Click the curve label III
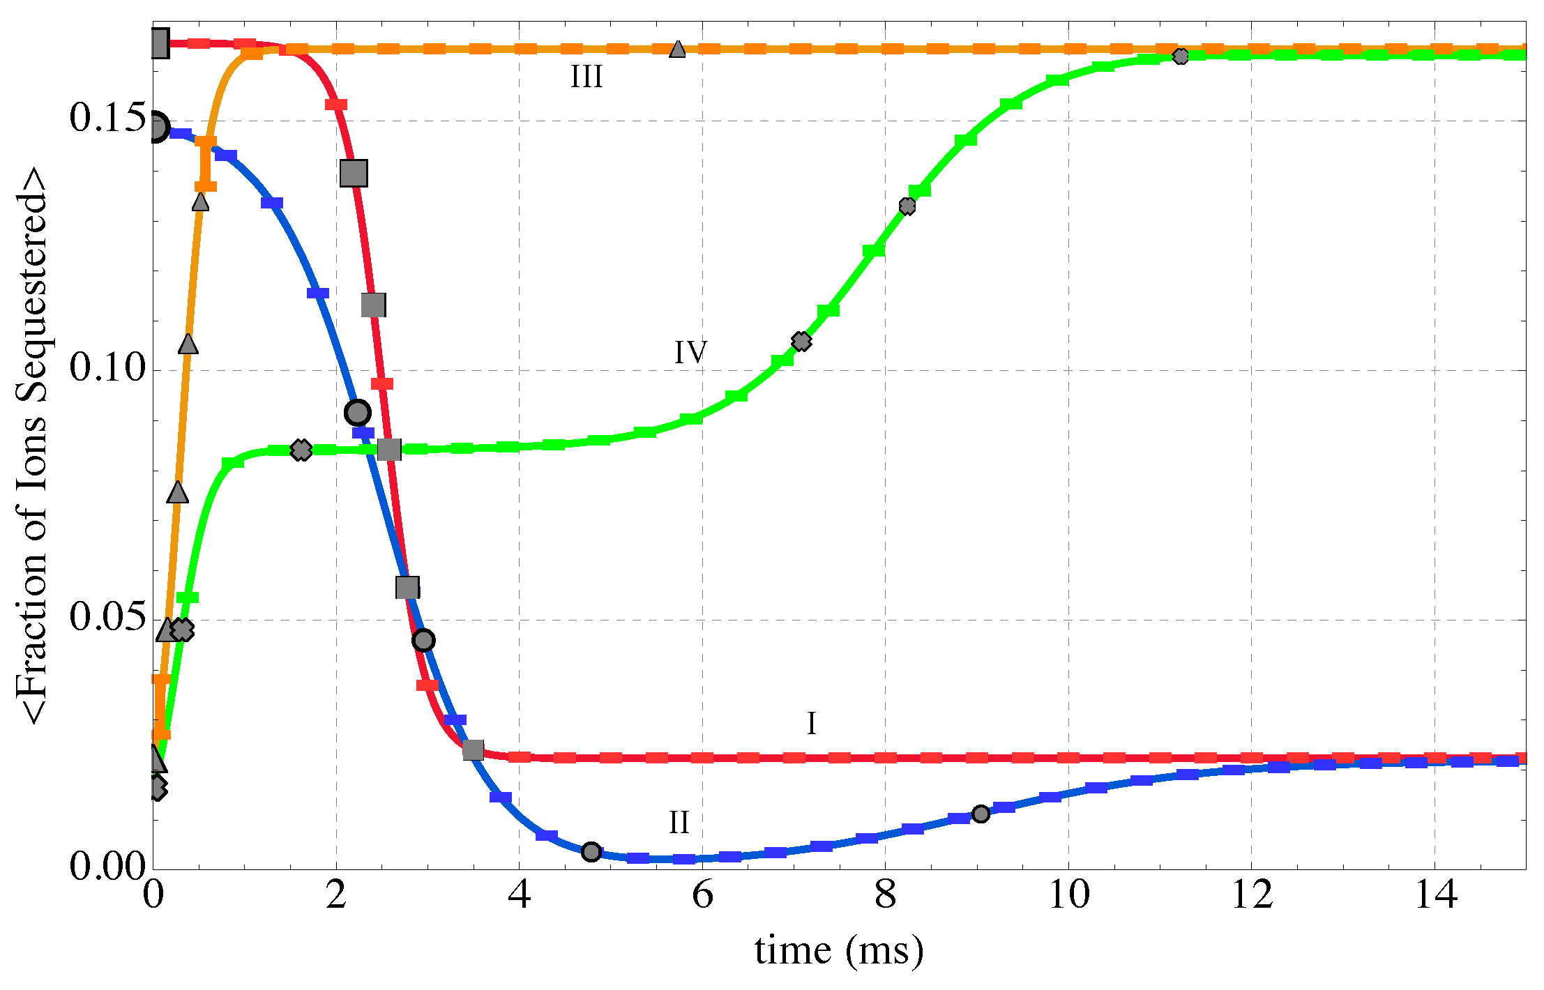coord(586,77)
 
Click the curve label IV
coord(690,352)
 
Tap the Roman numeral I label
coord(811,724)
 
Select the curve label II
coord(679,823)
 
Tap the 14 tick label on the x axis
coord(1435,895)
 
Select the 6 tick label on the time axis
coord(702,895)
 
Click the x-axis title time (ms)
coord(839,951)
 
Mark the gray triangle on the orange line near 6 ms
coord(677,49)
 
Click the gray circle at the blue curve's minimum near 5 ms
coord(591,851)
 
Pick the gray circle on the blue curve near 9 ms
coord(981,814)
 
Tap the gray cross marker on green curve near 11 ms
coord(1180,56)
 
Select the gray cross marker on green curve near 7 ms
coord(801,341)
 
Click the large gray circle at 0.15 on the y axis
coord(156,128)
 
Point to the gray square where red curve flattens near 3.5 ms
coord(473,750)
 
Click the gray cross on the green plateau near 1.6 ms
coord(301,450)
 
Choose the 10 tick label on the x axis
coord(1068,895)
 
